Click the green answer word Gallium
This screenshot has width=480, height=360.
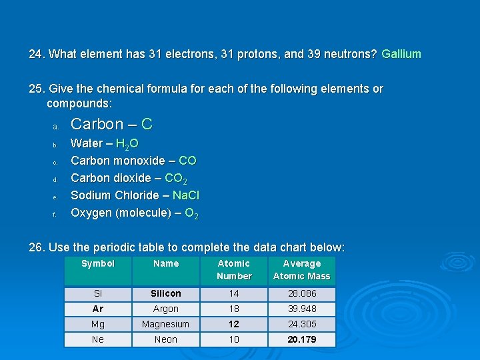click(x=401, y=53)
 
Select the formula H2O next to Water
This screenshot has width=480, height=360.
click(x=127, y=143)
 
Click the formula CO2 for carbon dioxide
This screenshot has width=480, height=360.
click(x=175, y=178)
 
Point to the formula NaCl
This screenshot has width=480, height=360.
click(x=185, y=195)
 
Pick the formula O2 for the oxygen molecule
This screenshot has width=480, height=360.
click(x=191, y=213)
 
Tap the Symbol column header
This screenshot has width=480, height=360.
click(x=98, y=264)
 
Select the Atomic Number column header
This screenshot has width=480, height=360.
click(x=234, y=270)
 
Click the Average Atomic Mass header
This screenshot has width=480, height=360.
click(x=301, y=270)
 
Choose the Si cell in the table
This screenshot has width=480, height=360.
click(x=98, y=293)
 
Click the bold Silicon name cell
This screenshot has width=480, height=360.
click(x=166, y=293)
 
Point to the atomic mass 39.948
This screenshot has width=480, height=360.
click(x=301, y=309)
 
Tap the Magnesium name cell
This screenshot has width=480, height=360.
click(x=166, y=324)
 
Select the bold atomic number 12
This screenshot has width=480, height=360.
click(x=234, y=324)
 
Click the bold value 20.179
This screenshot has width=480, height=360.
click(x=301, y=339)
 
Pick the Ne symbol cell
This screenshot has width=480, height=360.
click(x=98, y=339)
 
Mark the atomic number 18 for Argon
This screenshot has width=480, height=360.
click(x=234, y=309)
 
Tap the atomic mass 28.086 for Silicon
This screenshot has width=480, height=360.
click(x=301, y=293)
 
